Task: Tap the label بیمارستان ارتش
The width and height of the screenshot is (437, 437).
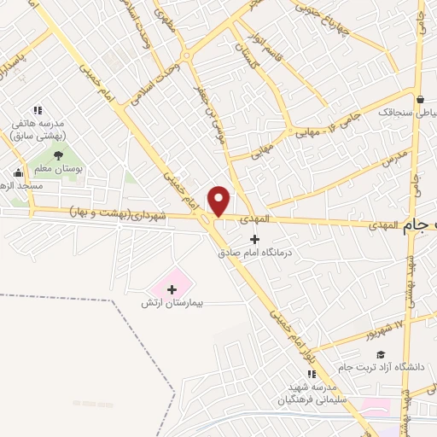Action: point(173,304)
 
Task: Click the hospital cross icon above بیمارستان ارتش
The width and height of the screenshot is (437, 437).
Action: point(173,289)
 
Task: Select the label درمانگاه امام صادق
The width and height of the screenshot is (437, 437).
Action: point(253,252)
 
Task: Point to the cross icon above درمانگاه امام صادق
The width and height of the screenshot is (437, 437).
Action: point(253,238)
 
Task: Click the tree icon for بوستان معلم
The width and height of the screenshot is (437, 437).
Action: point(58,155)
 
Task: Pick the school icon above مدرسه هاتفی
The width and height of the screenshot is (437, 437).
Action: point(38,110)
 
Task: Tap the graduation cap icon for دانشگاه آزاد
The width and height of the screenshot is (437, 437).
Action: point(381,354)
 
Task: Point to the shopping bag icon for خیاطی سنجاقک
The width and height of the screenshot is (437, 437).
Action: point(420,97)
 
